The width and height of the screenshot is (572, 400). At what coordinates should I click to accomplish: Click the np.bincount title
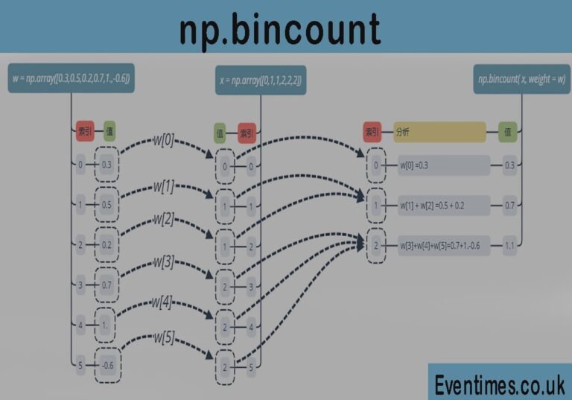pyautogui.click(x=279, y=31)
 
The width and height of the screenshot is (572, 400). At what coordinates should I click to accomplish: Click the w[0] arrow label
pyautogui.click(x=164, y=140)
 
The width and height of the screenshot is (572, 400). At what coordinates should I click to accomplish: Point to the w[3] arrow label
pyautogui.click(x=164, y=262)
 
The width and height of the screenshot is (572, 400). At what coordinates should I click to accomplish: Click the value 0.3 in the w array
pyautogui.click(x=107, y=165)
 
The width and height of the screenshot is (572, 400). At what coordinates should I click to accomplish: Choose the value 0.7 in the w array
pyautogui.click(x=107, y=285)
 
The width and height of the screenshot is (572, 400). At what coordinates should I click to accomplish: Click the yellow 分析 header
pyautogui.click(x=439, y=132)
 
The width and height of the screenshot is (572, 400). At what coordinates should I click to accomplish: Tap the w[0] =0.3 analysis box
pyautogui.click(x=443, y=165)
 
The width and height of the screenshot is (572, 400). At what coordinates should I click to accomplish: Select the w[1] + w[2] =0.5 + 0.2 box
pyautogui.click(x=443, y=205)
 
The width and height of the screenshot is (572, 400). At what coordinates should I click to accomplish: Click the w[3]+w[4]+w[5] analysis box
pyautogui.click(x=443, y=245)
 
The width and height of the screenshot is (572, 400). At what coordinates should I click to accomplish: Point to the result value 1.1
pyautogui.click(x=509, y=245)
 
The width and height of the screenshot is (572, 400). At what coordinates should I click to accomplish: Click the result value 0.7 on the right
pyautogui.click(x=509, y=205)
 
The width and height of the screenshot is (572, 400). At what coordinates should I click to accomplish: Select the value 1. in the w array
pyautogui.click(x=107, y=325)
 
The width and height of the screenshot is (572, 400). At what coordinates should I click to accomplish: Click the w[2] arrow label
pyautogui.click(x=164, y=220)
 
